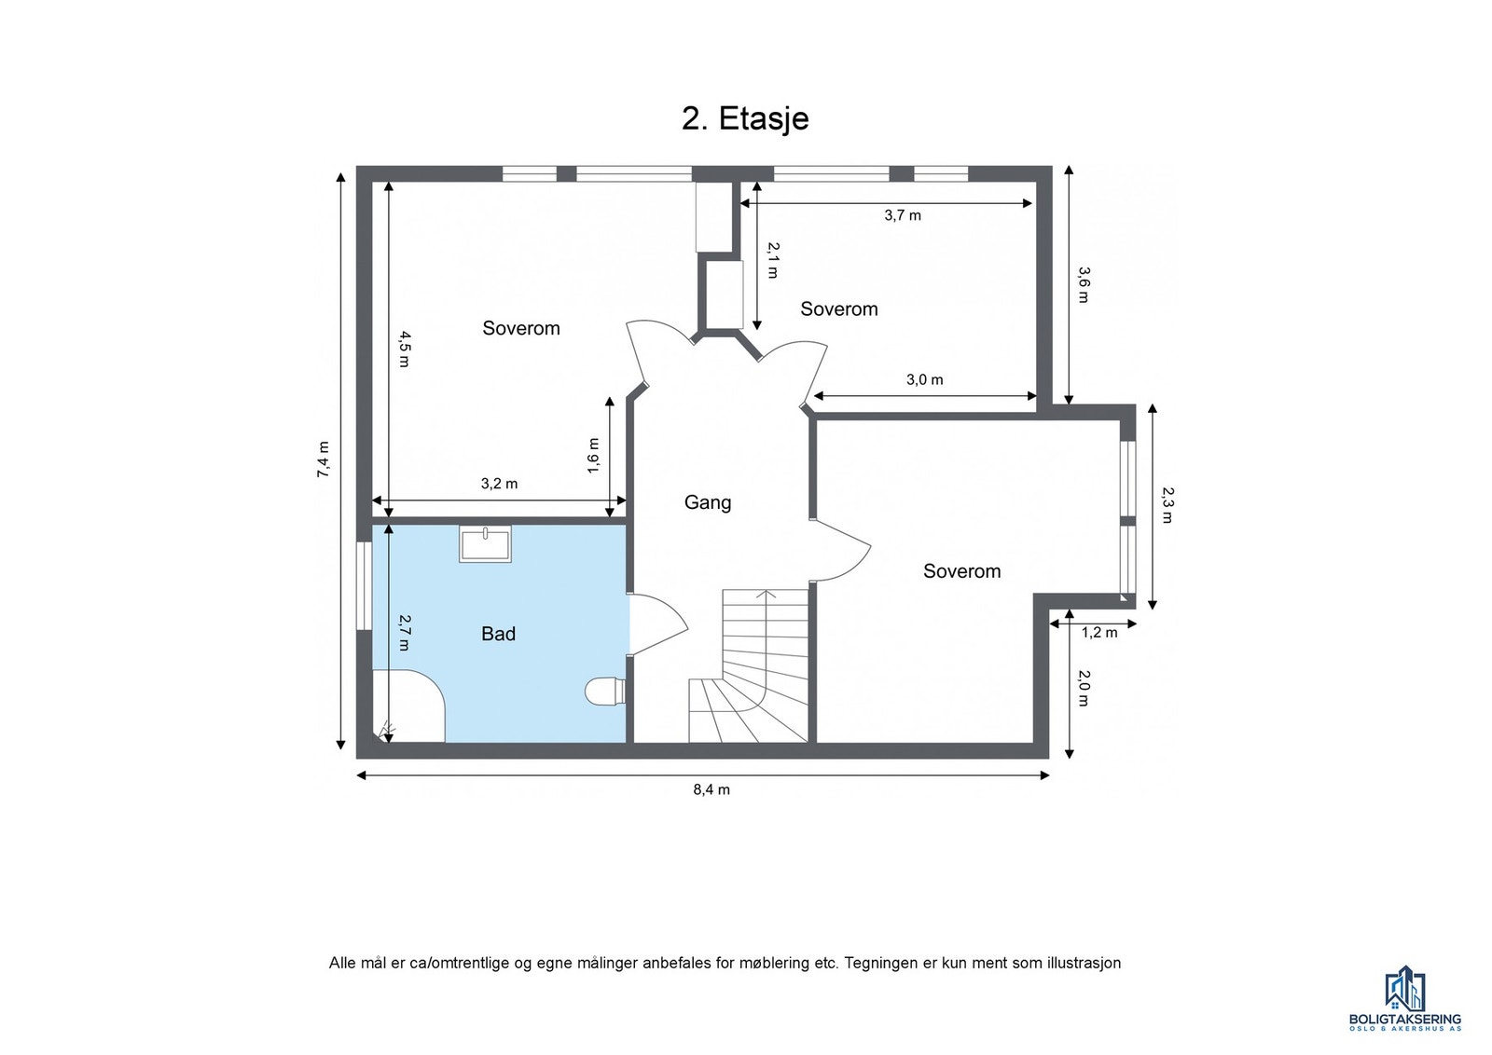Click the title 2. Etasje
[744, 119]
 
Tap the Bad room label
[498, 634]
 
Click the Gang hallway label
[708, 502]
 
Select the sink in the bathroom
[485, 543]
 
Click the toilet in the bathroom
[604, 691]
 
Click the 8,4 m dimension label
[711, 789]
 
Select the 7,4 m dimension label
[323, 459]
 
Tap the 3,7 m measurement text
[902, 215]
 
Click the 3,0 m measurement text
[924, 379]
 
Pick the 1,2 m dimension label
[1098, 633]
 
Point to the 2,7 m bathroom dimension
[405, 632]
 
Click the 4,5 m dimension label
[404, 349]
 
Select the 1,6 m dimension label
[594, 456]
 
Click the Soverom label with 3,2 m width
[520, 328]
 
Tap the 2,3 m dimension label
[1167, 504]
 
